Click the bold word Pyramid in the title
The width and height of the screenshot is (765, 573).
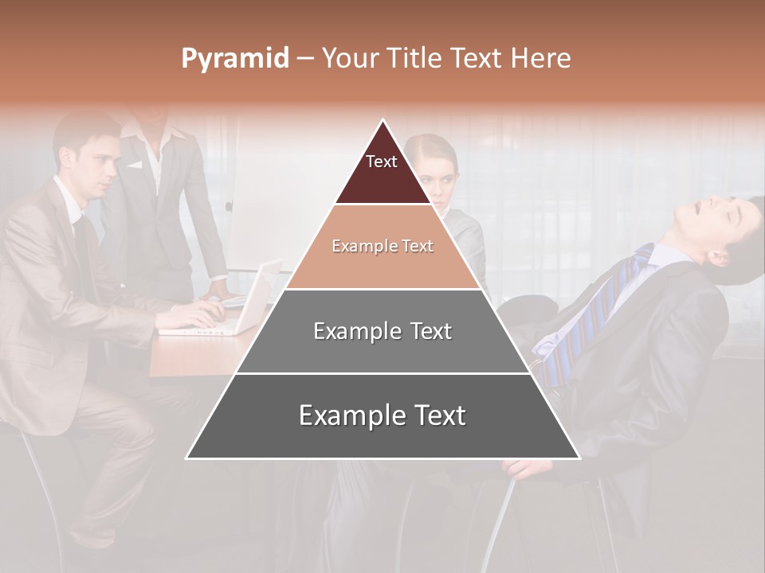234,59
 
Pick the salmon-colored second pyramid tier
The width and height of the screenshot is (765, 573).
382,247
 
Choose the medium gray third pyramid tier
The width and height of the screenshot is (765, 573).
382,331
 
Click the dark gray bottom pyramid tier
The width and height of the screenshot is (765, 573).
382,416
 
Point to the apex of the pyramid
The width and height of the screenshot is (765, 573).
383,121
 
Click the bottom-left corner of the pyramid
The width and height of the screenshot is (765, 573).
187,458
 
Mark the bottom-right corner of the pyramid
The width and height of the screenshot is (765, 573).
579,458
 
